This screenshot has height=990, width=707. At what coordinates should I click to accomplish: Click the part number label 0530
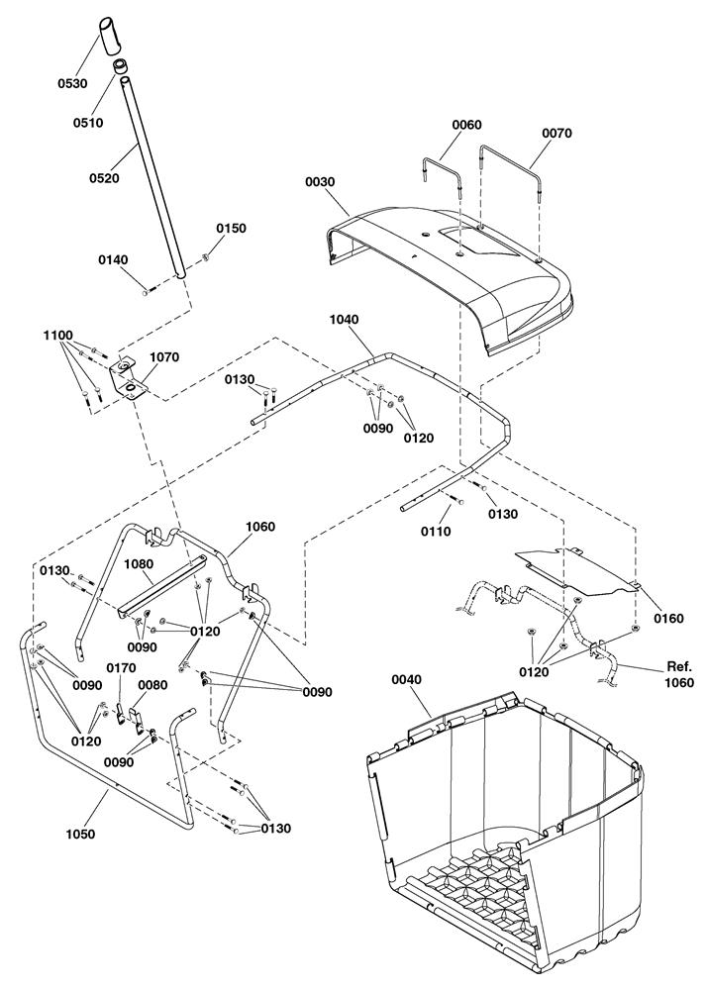tap(72, 83)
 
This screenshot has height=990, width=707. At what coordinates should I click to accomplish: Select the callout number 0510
tap(88, 123)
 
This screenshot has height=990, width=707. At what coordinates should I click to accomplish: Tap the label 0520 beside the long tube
tap(104, 178)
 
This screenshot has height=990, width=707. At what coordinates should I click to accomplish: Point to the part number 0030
tap(320, 182)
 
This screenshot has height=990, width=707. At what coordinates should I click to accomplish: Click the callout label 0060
tap(466, 125)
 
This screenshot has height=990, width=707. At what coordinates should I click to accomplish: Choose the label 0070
tap(556, 133)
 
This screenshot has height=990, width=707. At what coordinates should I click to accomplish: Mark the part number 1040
tap(344, 320)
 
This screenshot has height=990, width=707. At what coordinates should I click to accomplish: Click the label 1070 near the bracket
tap(164, 356)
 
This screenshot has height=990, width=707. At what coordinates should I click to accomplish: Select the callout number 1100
tap(57, 336)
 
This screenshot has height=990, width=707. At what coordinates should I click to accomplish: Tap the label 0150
tap(231, 228)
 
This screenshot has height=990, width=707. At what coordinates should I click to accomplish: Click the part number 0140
tap(113, 259)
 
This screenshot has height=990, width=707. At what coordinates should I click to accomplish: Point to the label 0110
tap(437, 531)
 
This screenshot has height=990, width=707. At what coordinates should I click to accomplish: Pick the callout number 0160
tap(668, 618)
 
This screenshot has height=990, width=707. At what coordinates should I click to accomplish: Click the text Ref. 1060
tap(679, 673)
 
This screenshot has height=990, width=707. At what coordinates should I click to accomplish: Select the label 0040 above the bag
tap(407, 679)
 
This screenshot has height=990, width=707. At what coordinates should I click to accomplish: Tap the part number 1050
tap(80, 834)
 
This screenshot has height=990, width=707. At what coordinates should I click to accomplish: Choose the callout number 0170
tap(121, 668)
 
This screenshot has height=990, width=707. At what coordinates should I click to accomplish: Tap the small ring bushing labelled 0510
tap(122, 65)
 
